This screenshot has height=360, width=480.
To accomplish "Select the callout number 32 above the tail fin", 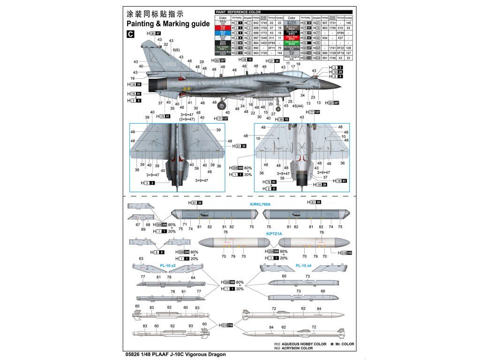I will pos(166,45).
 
